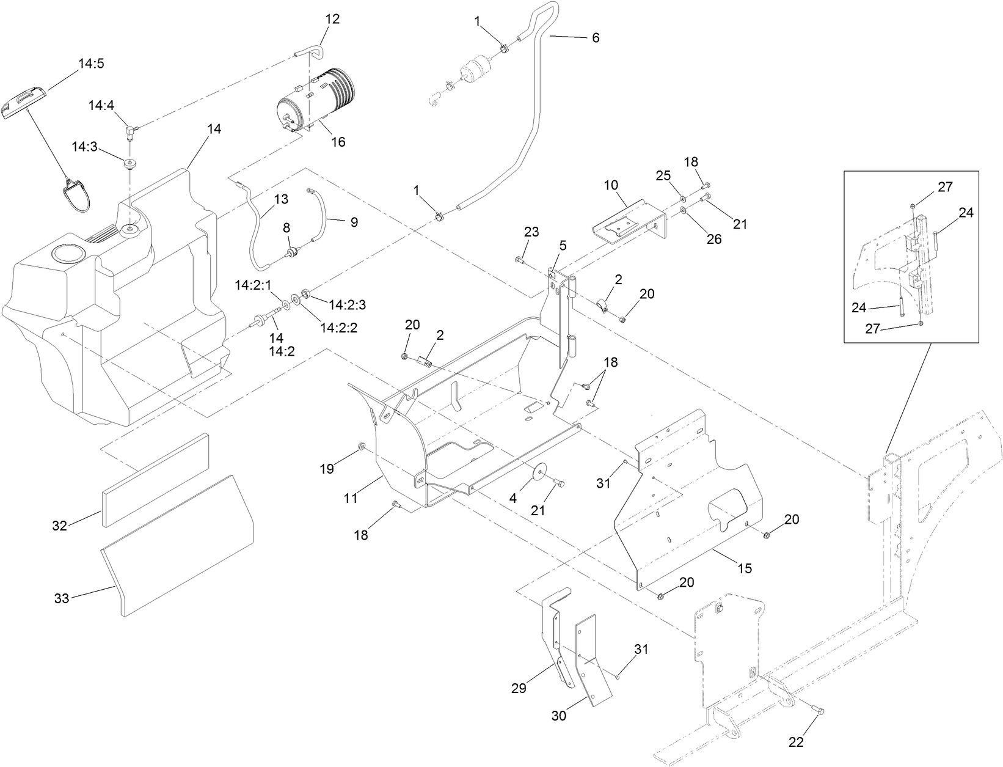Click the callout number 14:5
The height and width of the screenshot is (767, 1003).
click(91, 63)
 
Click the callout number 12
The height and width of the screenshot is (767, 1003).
click(332, 19)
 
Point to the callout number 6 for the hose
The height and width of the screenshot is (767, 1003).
click(596, 38)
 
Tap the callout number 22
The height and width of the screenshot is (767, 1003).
click(796, 743)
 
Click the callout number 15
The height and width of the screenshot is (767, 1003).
click(744, 568)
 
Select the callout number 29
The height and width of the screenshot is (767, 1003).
click(519, 689)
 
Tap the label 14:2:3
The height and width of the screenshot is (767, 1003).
click(348, 304)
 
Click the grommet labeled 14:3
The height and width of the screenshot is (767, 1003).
click(129, 164)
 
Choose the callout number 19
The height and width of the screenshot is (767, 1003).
click(327, 469)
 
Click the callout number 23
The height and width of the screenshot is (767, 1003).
click(531, 232)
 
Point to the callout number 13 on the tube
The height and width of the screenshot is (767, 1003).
click(280, 199)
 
